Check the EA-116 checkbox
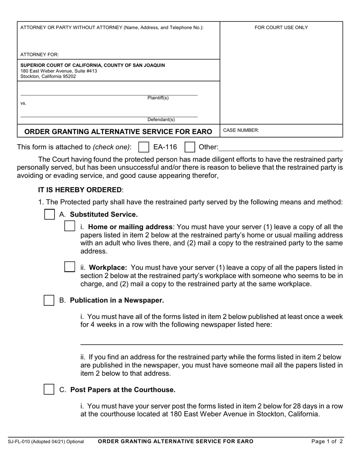coord(144,147)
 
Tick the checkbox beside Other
coord(189,147)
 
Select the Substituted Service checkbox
coord(49,214)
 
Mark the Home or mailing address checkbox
coord(70,226)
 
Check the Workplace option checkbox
coord(70,267)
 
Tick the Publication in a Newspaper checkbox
coord(49,300)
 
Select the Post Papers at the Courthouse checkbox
coord(49,389)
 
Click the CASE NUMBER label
coord(241,130)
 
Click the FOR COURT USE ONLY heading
coord(281,28)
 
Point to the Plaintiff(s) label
coord(158,98)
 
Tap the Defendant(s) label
coord(161,120)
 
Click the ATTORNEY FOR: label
coord(39,55)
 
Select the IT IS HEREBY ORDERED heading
coord(80,190)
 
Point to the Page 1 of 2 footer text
coord(327,441)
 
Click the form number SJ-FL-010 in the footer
coord(20,442)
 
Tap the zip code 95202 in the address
coord(69,77)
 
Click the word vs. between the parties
coord(23,103)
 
